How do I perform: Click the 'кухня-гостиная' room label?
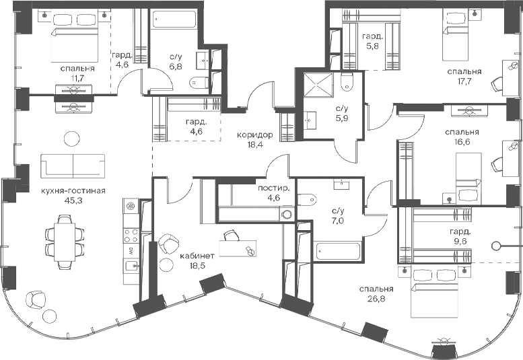[x=73, y=191]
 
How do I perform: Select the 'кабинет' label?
[x=197, y=256]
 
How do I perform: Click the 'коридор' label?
[x=255, y=135]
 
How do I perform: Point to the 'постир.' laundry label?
[x=273, y=188]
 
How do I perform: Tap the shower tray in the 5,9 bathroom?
[x=318, y=85]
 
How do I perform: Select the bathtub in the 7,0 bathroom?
[x=338, y=252]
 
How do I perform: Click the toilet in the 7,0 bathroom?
[x=307, y=200]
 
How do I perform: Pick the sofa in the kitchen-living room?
[x=73, y=166]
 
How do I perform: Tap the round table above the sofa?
[x=72, y=138]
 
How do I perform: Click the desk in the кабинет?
[x=238, y=248]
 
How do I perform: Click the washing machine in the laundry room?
[x=287, y=214]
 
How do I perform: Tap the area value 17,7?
[x=464, y=81]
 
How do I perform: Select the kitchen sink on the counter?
[x=131, y=266]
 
